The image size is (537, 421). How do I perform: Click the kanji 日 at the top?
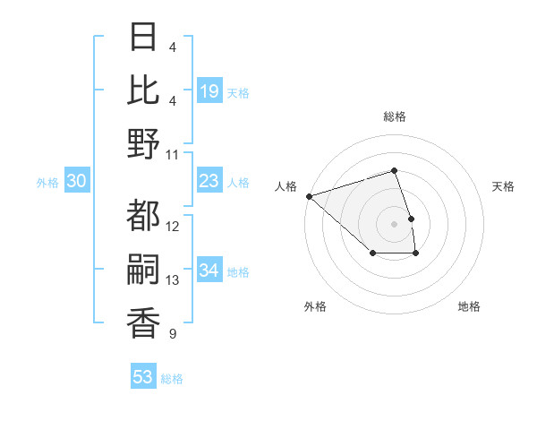pyautogui.click(x=144, y=37)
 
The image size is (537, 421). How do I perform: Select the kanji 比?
pyautogui.click(x=144, y=90)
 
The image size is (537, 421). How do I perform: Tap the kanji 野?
pyautogui.click(x=144, y=143)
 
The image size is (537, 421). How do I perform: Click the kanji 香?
pyautogui.click(x=144, y=322)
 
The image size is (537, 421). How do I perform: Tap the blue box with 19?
pyautogui.click(x=209, y=91)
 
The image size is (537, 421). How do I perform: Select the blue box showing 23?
pyautogui.click(x=209, y=182)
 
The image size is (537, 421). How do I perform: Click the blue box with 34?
pyautogui.click(x=209, y=271)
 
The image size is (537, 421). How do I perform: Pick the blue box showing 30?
pyautogui.click(x=76, y=182)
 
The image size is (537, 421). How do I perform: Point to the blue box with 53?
pyautogui.click(x=143, y=377)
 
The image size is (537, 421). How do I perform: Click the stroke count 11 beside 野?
pyautogui.click(x=173, y=154)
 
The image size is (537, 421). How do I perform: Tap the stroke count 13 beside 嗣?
pyautogui.click(x=173, y=280)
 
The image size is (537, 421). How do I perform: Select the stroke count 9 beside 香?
pyautogui.click(x=172, y=334)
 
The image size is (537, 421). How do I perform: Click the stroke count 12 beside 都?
pyautogui.click(x=173, y=226)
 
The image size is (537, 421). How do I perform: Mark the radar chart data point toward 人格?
pyautogui.click(x=309, y=195)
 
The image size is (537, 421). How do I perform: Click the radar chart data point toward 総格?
pyautogui.click(x=394, y=170)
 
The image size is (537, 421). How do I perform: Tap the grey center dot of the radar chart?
pyautogui.click(x=394, y=223)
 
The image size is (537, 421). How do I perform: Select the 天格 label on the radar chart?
pyautogui.click(x=503, y=186)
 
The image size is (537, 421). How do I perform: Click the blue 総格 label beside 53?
pyautogui.click(x=172, y=379)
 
